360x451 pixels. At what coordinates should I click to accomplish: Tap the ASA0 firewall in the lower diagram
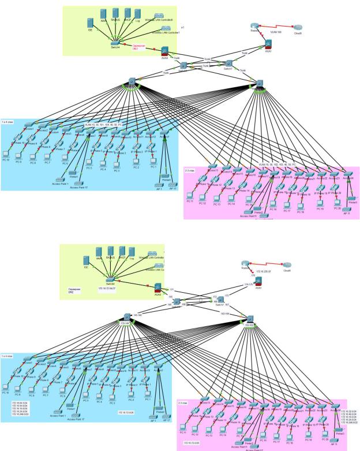pos(156,285)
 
